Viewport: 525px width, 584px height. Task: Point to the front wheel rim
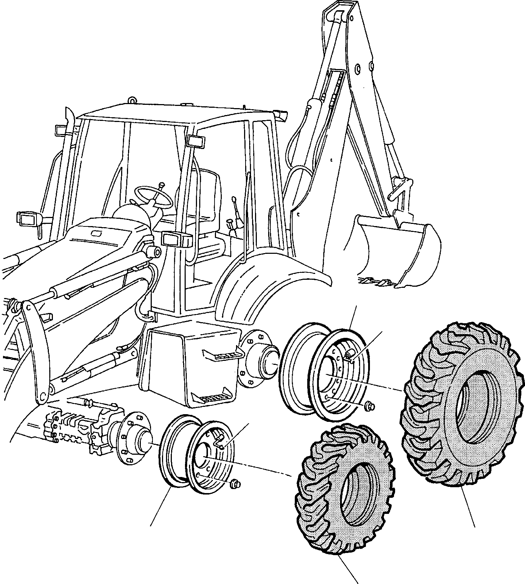[193, 453]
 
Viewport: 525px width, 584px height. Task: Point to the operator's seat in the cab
[204, 205]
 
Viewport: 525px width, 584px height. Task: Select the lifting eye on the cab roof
[132, 99]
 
